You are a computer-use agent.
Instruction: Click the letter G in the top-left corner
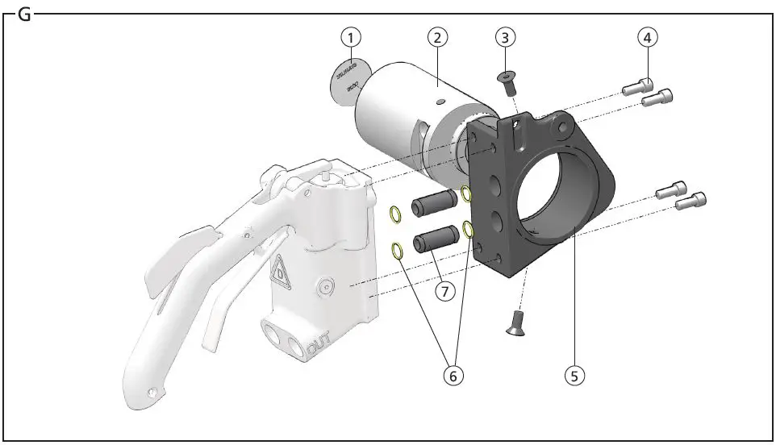(24, 15)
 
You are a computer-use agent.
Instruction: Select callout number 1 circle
(350, 36)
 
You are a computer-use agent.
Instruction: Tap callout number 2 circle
(436, 36)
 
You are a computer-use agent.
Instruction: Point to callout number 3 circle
(505, 36)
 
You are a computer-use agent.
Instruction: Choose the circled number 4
(649, 36)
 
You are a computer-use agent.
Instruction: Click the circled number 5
(574, 375)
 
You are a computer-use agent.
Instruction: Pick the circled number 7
(444, 290)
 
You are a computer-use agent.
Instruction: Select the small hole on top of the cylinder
(440, 102)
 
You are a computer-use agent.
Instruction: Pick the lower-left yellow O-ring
(398, 251)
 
